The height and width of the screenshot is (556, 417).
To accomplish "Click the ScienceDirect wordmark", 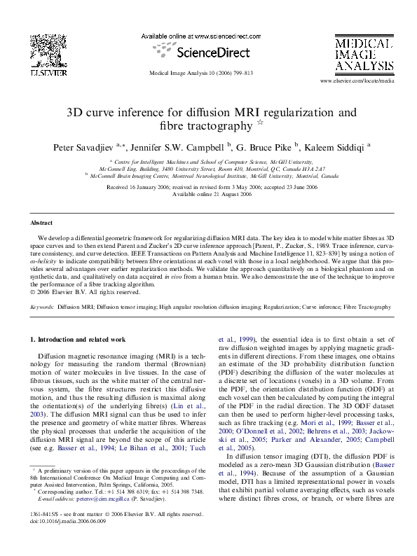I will click(209, 52).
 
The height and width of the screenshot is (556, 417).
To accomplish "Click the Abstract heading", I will click(41, 223).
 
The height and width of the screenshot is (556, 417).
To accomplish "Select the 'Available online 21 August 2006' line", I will click(209, 194).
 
